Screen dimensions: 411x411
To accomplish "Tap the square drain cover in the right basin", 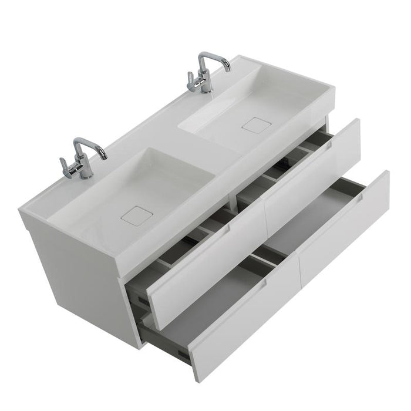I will click(255, 124).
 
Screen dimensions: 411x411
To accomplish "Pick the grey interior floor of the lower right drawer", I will click(311, 217).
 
